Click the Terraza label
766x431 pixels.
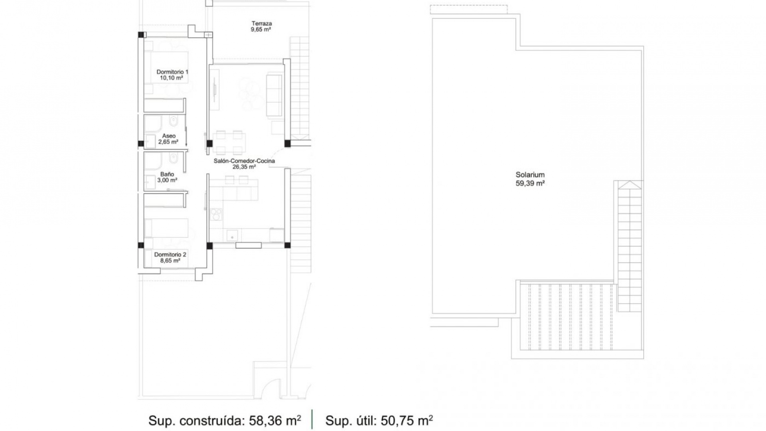(261, 23)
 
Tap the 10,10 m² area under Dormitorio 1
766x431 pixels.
(172, 78)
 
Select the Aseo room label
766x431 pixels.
(169, 136)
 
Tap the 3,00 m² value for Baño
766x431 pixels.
(167, 180)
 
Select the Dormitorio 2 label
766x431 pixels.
(170, 255)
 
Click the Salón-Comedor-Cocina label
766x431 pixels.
(244, 161)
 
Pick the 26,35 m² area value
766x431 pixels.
(244, 167)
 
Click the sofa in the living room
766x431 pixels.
(274, 95)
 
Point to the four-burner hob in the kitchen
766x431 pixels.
(216, 214)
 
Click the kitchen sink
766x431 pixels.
(232, 235)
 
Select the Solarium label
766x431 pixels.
(530, 175)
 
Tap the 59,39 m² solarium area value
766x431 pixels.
(530, 184)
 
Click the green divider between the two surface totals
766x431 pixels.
(312, 419)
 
